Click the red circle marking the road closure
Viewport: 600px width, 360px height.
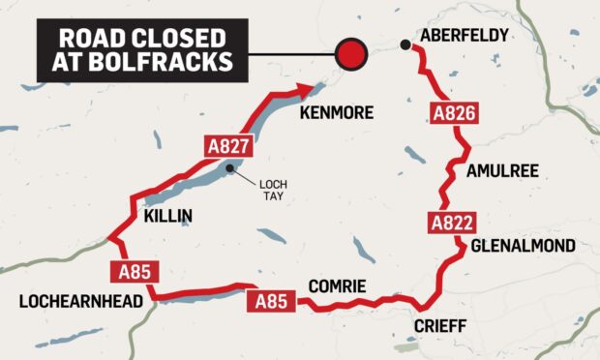350,53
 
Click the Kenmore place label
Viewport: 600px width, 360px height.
336,113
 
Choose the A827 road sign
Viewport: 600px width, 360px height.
232,148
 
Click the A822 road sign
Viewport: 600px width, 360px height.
450,225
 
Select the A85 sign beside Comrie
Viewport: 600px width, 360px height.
270,302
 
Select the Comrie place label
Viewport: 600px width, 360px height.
336,286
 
